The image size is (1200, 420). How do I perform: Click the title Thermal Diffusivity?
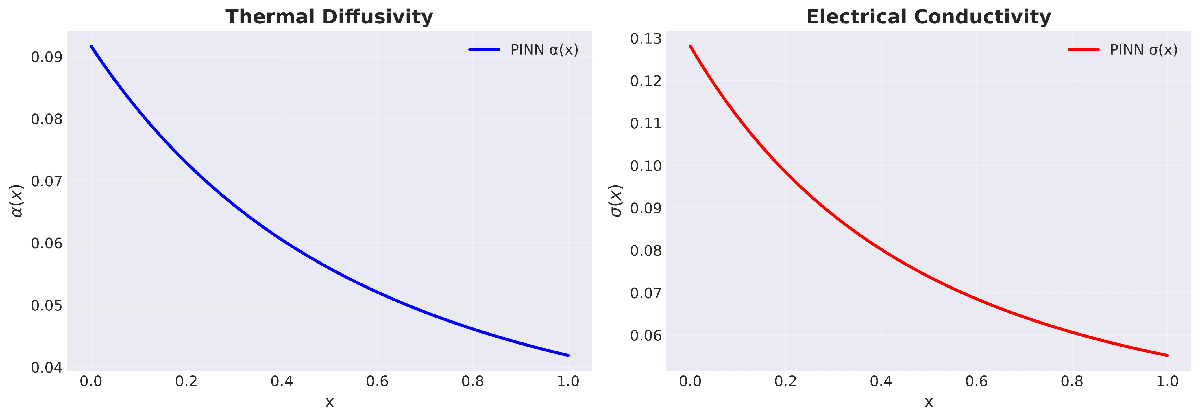pos(329,17)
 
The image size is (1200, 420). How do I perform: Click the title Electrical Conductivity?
pos(929,17)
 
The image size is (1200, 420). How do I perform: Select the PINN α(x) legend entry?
pos(524,50)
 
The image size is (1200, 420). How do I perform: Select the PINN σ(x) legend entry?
pos(1123,50)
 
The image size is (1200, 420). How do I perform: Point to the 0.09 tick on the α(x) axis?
pos(47,57)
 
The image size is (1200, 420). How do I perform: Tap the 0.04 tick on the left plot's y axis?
pos(47,368)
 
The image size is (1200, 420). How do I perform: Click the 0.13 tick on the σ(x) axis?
pos(646,39)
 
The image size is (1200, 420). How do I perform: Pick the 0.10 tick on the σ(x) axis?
pos(646,166)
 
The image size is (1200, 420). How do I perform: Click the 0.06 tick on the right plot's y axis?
pos(646,336)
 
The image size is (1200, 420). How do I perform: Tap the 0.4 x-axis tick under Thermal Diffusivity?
pos(282,382)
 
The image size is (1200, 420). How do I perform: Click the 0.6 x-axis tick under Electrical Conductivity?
pos(977,382)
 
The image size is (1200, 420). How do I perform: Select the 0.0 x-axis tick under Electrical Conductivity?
pos(690,382)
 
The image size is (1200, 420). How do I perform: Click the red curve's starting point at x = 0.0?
pos(690,46)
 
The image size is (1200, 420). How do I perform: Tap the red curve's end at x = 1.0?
pos(1167,355)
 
